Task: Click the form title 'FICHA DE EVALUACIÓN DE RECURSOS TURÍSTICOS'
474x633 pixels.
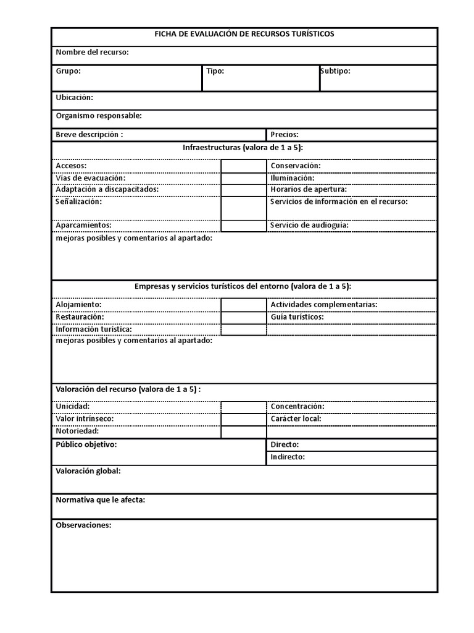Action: (x=244, y=34)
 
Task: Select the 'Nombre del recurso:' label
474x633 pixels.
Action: (x=92, y=52)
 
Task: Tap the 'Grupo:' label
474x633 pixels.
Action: (x=68, y=71)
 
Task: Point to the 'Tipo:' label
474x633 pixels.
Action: (x=215, y=71)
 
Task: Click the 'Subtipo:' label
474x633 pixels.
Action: (x=335, y=71)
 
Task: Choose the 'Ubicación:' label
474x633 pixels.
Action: (x=74, y=98)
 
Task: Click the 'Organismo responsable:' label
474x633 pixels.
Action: (x=99, y=116)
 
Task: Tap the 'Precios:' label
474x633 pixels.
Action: (x=284, y=134)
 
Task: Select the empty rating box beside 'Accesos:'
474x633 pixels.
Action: (x=243, y=166)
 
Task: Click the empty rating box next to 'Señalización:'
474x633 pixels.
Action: (x=243, y=208)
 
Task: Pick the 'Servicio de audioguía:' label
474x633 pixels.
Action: (x=309, y=225)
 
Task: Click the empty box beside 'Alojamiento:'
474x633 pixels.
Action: (x=243, y=305)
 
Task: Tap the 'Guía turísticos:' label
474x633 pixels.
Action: (x=297, y=317)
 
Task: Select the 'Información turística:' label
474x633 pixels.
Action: (x=94, y=329)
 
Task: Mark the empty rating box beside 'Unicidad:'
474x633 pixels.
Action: (x=243, y=407)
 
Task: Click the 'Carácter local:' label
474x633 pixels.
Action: (x=296, y=418)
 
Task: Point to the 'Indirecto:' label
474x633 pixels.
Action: (x=288, y=457)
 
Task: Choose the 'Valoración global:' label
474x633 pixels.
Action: (x=88, y=471)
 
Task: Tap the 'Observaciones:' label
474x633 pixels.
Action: (x=83, y=525)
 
